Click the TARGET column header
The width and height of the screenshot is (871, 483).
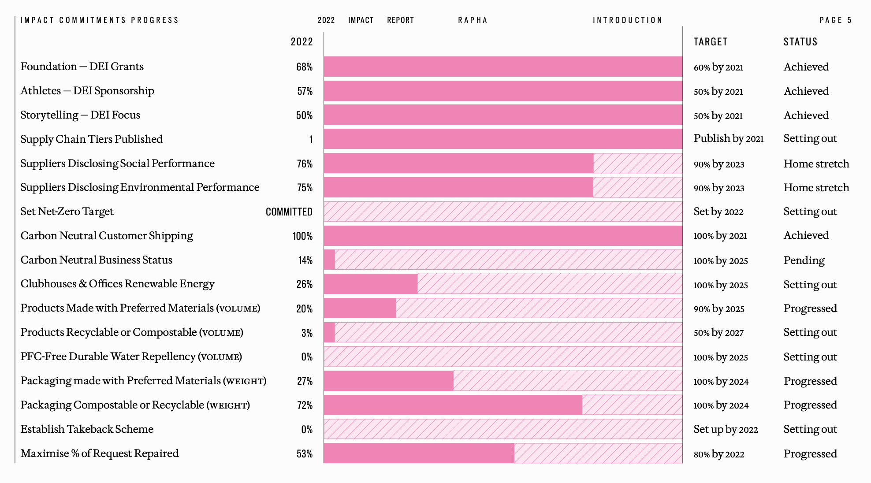point(710,42)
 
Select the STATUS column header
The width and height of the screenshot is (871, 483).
point(800,42)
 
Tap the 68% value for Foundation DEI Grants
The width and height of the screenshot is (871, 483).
point(304,67)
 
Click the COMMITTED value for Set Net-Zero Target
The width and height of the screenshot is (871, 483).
point(289,212)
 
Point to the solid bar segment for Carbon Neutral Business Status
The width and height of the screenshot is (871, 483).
point(329,260)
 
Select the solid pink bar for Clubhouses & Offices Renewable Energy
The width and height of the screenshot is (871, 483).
point(370,284)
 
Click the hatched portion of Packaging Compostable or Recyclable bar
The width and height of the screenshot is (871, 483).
point(632,405)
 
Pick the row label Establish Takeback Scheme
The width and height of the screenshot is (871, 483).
point(87,429)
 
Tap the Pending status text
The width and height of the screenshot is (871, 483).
point(804,260)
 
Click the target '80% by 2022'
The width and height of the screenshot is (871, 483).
point(718,454)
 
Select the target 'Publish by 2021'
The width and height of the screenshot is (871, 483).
point(728,139)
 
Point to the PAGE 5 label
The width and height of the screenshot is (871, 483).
point(835,20)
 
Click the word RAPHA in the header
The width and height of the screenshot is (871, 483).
point(473,20)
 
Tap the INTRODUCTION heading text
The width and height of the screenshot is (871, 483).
point(627,20)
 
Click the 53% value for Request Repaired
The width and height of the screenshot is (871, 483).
point(304,454)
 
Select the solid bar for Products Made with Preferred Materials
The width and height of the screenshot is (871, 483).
point(360,308)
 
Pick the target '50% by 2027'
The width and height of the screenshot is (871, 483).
point(718,333)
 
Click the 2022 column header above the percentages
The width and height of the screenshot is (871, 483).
point(301,42)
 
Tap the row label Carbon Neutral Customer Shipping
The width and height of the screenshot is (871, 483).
point(107,236)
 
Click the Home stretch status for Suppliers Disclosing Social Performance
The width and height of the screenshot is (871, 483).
point(816,164)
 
